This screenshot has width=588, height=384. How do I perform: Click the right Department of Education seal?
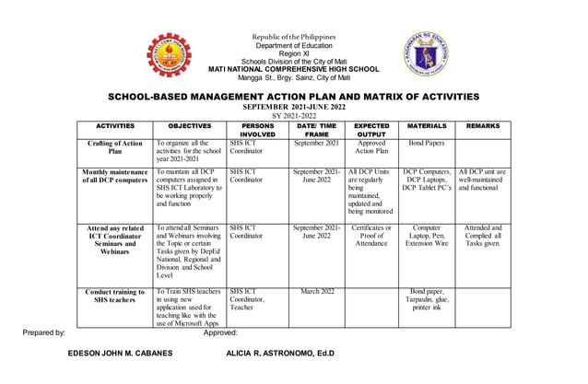(x=425, y=56)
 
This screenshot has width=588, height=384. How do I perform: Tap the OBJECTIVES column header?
(x=190, y=126)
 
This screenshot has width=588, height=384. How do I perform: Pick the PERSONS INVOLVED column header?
(x=257, y=130)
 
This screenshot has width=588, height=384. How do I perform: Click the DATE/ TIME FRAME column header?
(x=316, y=130)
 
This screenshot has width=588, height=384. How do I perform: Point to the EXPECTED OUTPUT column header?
(x=371, y=130)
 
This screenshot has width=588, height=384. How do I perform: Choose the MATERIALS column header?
(x=427, y=126)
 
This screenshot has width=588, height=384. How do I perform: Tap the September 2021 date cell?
(x=316, y=144)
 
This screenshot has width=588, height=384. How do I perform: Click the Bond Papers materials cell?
(x=427, y=144)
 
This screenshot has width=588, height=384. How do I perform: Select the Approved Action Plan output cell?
(x=371, y=148)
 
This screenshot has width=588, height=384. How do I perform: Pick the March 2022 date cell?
(x=316, y=291)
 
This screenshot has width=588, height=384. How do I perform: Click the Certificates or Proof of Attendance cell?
(x=371, y=236)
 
